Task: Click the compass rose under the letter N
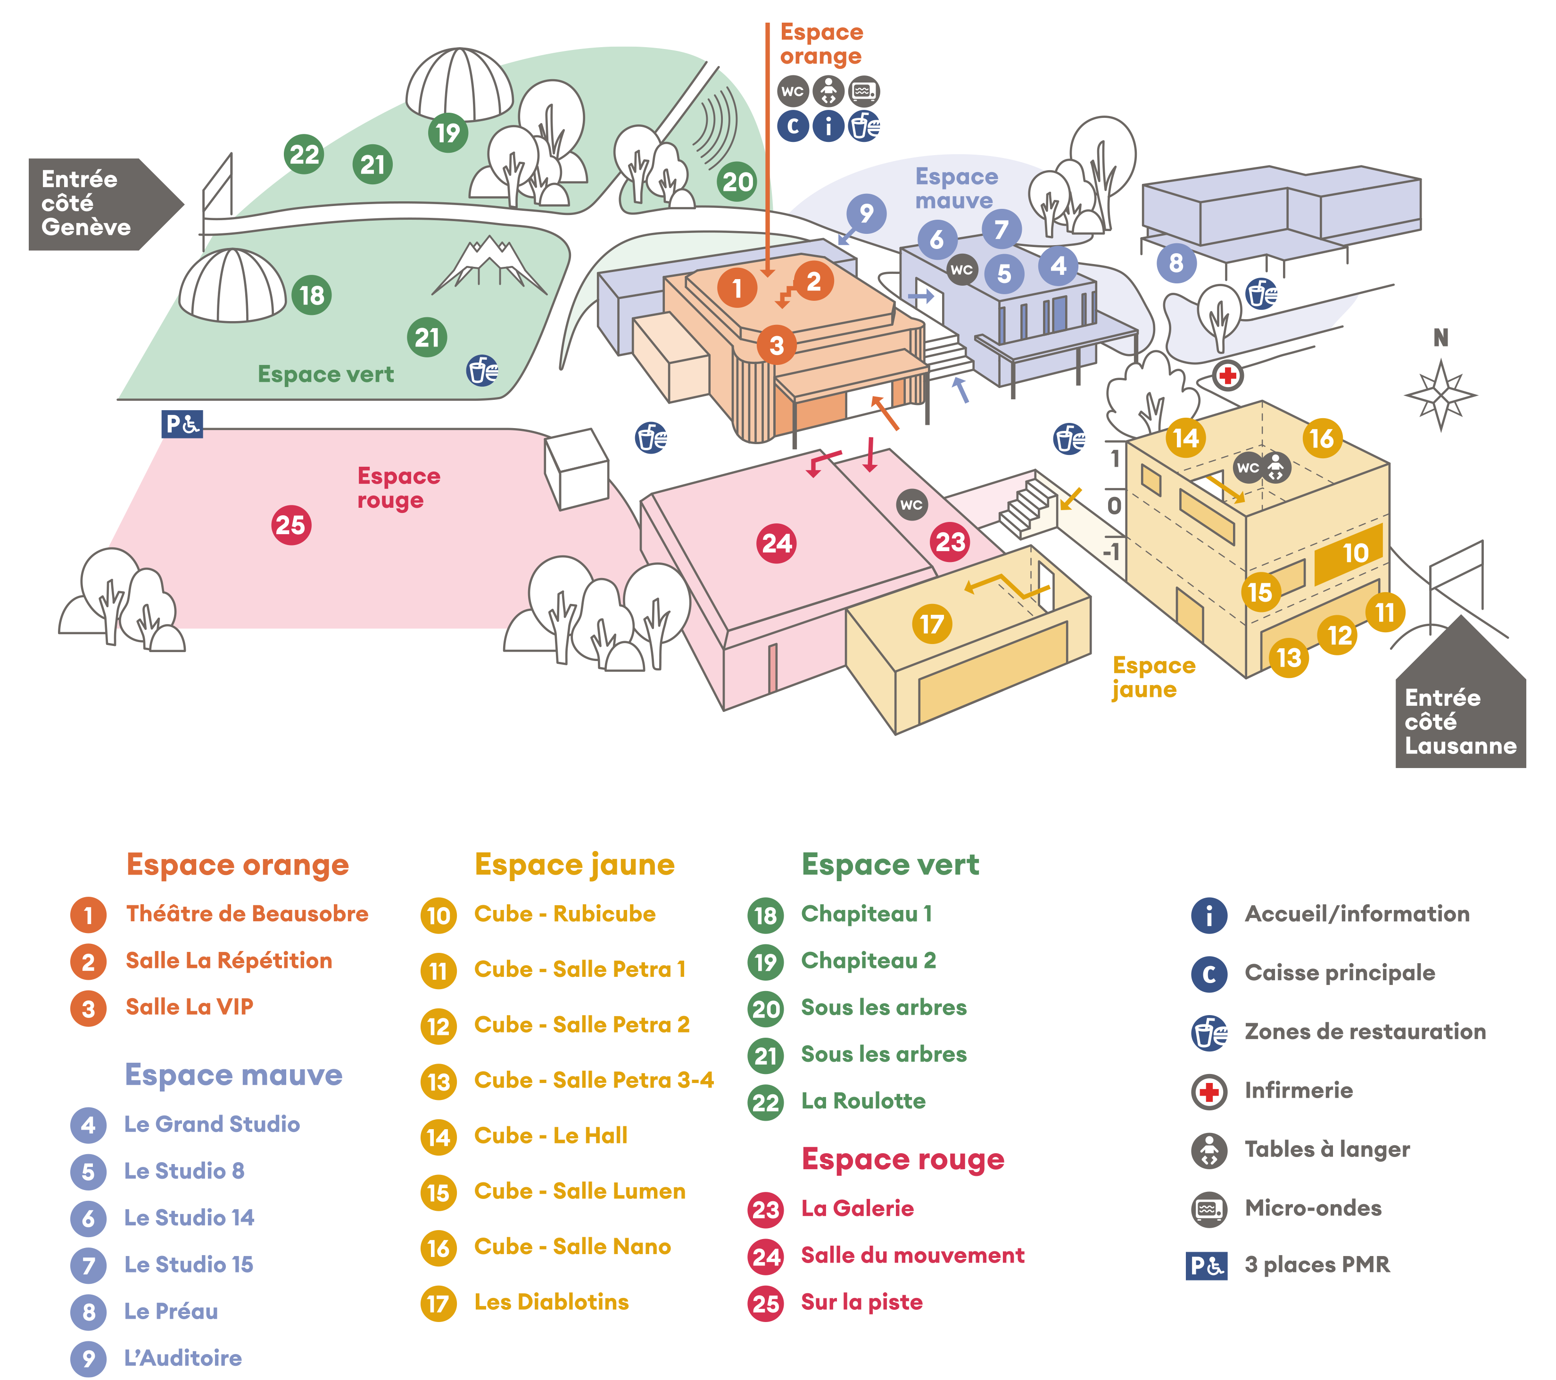coord(1440,394)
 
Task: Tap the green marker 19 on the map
coord(447,132)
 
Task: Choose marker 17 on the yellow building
coord(931,624)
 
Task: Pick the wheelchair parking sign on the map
coord(182,424)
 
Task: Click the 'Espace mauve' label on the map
coord(956,188)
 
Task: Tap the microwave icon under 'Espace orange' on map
coord(864,91)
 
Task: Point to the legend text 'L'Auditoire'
coord(182,1358)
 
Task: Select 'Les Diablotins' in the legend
coord(551,1302)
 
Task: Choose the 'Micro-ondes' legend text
coord(1312,1208)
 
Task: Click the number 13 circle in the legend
coord(439,1082)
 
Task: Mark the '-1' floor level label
coord(1112,550)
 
